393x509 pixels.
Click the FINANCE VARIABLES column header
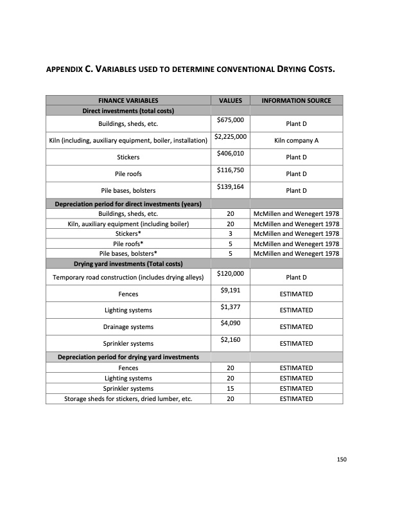point(128,101)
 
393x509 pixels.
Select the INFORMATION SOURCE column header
point(296,101)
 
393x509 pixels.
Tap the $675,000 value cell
point(230,120)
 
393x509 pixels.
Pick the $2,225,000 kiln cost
point(230,137)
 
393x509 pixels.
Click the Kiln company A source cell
point(296,140)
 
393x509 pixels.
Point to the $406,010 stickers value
point(230,154)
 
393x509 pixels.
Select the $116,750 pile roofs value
point(230,170)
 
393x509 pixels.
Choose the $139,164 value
point(230,187)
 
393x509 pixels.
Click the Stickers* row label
point(128,233)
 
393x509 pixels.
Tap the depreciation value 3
point(230,233)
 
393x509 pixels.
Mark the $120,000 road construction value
point(230,274)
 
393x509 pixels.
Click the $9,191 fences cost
point(230,290)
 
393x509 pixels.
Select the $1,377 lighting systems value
point(230,307)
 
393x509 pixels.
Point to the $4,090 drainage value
point(230,324)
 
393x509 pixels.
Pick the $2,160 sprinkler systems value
point(230,340)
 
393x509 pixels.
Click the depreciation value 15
point(230,388)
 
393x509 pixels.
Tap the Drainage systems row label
point(128,327)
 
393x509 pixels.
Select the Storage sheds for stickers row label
point(128,398)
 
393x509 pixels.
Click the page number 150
point(342,460)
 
